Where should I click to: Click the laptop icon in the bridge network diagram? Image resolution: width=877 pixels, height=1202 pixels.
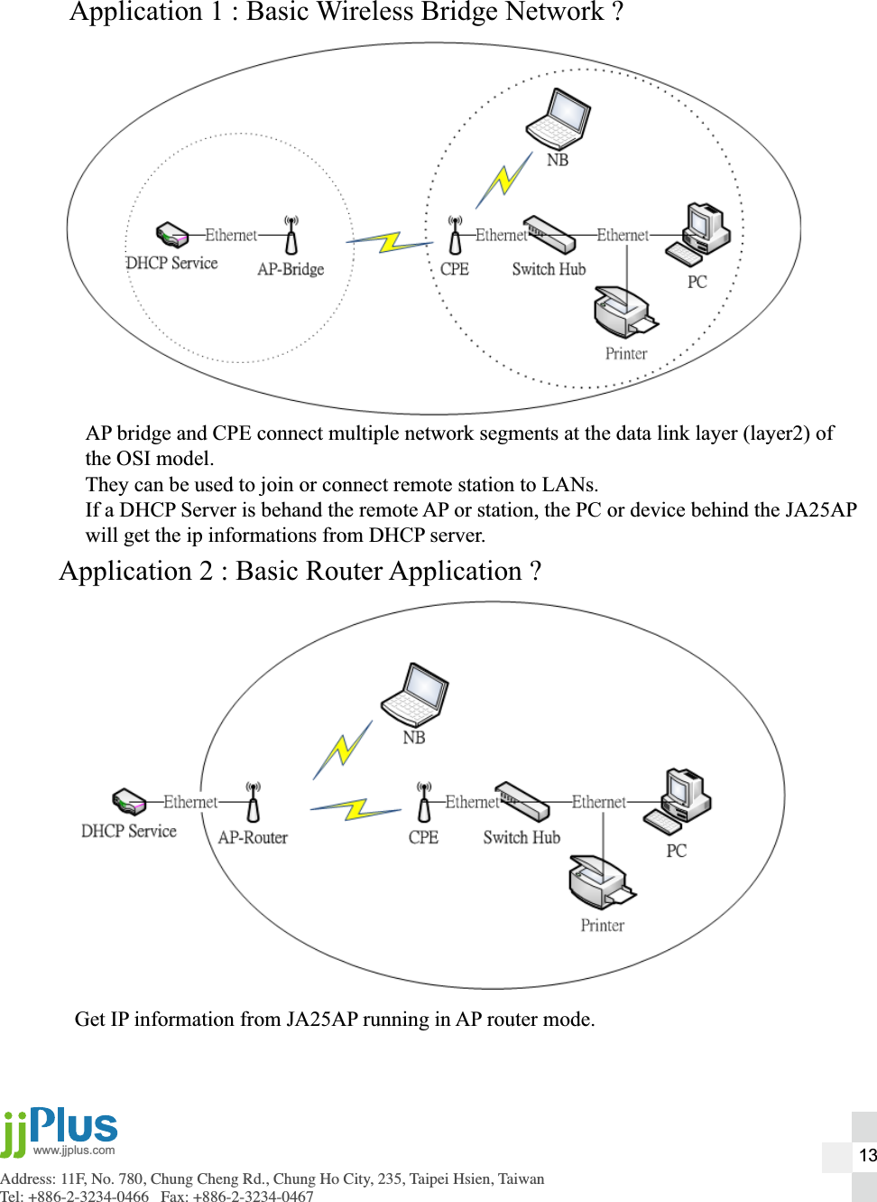(x=559, y=119)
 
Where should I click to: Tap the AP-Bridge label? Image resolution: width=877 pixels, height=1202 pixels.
(x=291, y=269)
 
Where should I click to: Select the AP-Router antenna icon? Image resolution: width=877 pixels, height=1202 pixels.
(x=254, y=800)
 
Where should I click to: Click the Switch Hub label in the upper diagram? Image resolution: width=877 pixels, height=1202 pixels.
(x=549, y=269)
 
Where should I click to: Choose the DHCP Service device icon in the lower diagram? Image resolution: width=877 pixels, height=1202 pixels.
(x=129, y=801)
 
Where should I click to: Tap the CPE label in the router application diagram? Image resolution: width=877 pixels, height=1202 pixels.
(x=423, y=837)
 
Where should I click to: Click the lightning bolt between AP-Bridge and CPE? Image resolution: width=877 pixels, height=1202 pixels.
(x=390, y=241)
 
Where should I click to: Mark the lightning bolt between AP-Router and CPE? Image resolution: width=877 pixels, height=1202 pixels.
(x=355, y=808)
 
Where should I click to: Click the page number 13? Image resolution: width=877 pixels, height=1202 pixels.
(x=867, y=1155)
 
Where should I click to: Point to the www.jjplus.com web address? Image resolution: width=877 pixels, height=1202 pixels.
(x=74, y=1151)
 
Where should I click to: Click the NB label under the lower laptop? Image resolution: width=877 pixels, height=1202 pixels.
(x=414, y=738)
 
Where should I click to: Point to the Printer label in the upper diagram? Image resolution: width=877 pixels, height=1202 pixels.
(x=626, y=354)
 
